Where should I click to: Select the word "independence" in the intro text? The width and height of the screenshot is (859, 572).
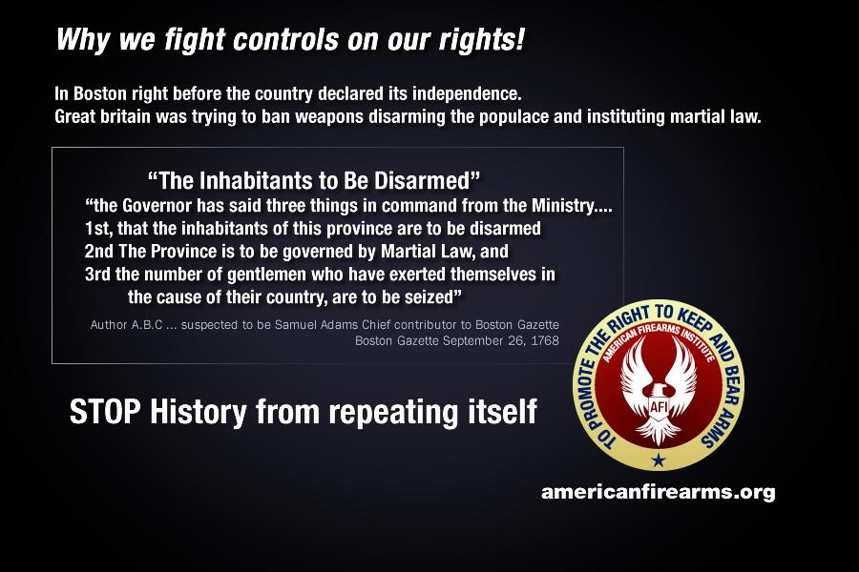coord(466,94)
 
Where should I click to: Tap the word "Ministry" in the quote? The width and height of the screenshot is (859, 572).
coord(562,206)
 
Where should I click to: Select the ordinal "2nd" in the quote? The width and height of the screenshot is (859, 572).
coord(98,252)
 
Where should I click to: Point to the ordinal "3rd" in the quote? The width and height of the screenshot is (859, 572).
coord(98,274)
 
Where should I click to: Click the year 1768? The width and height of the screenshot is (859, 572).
coord(545,340)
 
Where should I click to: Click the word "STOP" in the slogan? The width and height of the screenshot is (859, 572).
coord(106,412)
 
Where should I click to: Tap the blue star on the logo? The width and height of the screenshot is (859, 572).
coord(658,460)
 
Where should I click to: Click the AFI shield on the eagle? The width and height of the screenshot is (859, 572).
coord(658,407)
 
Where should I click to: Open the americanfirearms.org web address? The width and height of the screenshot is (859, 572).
coord(658,492)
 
